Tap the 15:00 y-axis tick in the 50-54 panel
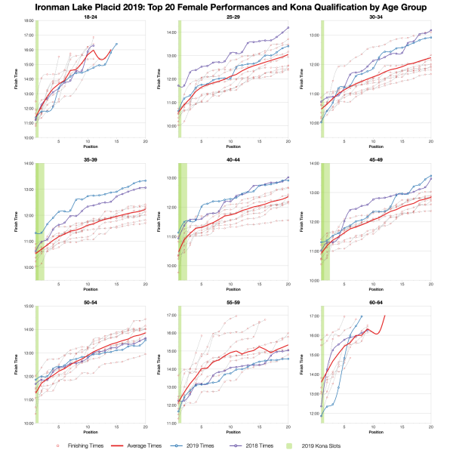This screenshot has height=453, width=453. coord(28,307)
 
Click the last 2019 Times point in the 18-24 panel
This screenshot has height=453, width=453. coord(116,44)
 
